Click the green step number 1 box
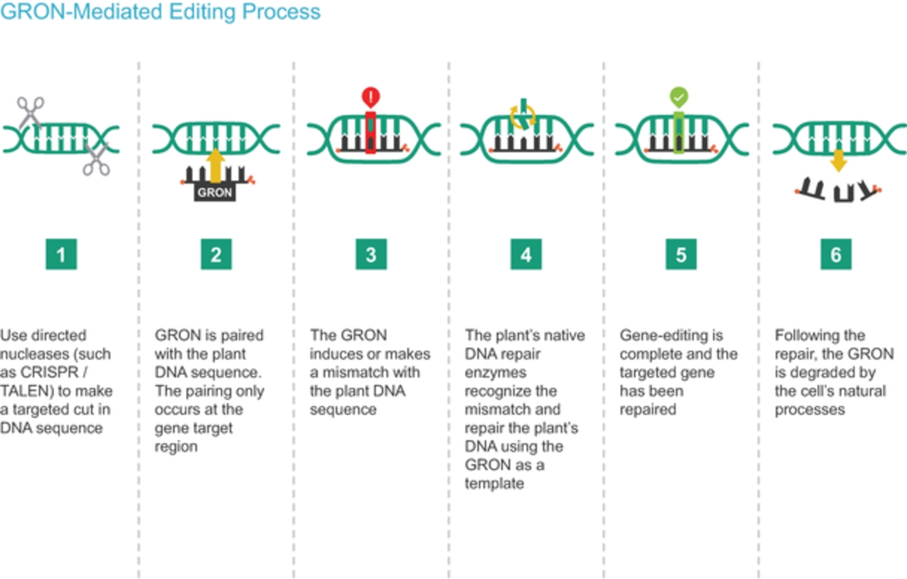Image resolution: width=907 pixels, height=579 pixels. pos(61,254)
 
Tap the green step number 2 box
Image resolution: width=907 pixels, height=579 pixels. pos(216,254)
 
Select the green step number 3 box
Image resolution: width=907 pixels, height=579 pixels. pos(371,254)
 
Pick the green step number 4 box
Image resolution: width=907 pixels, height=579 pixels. pos(526,254)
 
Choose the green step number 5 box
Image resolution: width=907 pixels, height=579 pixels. pos(681,254)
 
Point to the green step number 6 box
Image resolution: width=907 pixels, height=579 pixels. pos(836,254)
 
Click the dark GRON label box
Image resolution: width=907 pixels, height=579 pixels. pos(215,193)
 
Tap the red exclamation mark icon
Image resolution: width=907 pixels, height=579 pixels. pos(371,97)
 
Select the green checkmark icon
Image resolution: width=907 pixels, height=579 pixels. pos(679,97)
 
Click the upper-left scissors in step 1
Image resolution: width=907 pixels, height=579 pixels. pos(31,111)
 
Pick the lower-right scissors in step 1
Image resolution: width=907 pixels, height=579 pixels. pos(96,160)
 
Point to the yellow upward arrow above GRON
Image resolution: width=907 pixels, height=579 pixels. pos(216,166)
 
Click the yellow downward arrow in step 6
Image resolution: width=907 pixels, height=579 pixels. pos(838,160)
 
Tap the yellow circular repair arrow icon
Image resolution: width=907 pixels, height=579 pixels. pos(522,115)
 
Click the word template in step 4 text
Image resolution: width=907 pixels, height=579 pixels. pos(495,483)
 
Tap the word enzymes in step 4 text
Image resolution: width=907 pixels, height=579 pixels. pos(495,373)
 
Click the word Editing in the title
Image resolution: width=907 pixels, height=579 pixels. pos(202,11)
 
